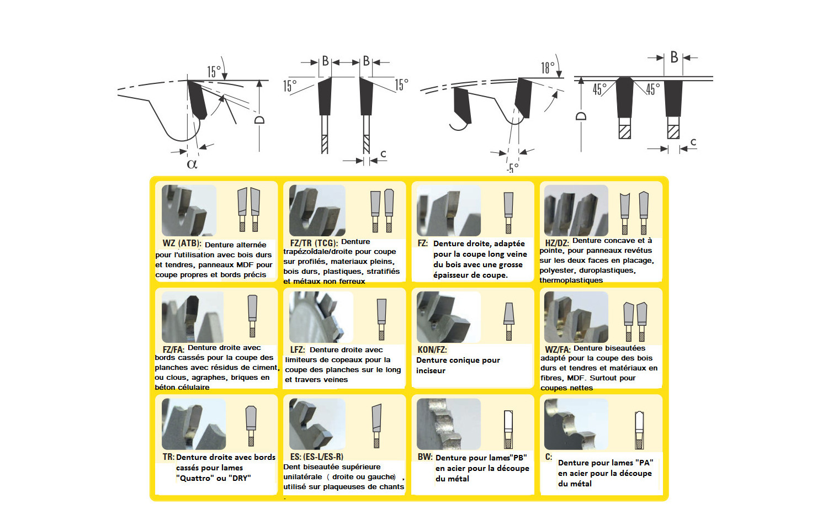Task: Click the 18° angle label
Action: (548, 68)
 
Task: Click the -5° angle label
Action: (512, 168)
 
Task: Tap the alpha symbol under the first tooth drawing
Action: (192, 164)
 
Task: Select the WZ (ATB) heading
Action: (182, 243)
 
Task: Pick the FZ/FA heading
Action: (173, 349)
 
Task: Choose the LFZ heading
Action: (298, 349)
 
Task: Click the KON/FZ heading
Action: (432, 349)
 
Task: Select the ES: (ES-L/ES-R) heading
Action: (317, 457)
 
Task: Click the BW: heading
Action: (425, 457)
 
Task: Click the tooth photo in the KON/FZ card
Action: (448, 317)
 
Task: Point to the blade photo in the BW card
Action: (448, 424)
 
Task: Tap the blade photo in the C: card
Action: (576, 424)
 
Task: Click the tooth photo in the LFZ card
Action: (321, 317)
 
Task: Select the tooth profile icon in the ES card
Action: (376, 426)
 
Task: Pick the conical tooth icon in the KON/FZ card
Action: (509, 321)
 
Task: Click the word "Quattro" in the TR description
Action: (194, 478)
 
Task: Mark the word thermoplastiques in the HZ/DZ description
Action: (571, 280)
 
